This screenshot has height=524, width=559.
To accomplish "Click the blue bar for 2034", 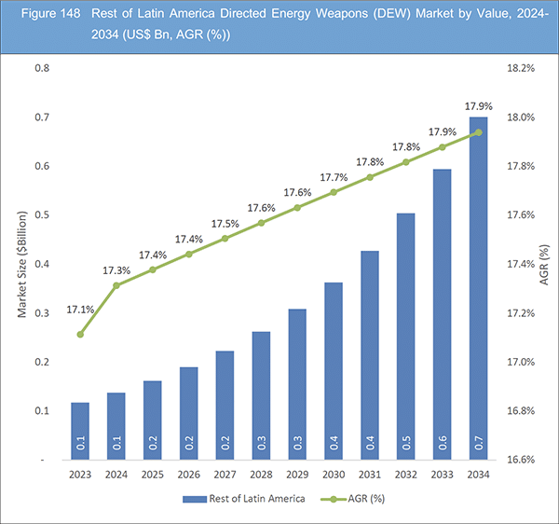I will [x=478, y=289].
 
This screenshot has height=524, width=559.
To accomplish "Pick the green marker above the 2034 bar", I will [x=478, y=132].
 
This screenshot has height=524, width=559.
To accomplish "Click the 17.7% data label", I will [x=334, y=177].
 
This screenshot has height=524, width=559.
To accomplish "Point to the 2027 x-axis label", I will [x=224, y=476].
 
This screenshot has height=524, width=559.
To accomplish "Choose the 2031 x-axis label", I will [x=370, y=476].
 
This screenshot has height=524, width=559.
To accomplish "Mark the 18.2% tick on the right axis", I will [x=519, y=69].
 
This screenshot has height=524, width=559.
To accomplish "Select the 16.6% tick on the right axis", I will [x=519, y=460].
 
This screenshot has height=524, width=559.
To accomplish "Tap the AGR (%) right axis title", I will [x=543, y=264].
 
